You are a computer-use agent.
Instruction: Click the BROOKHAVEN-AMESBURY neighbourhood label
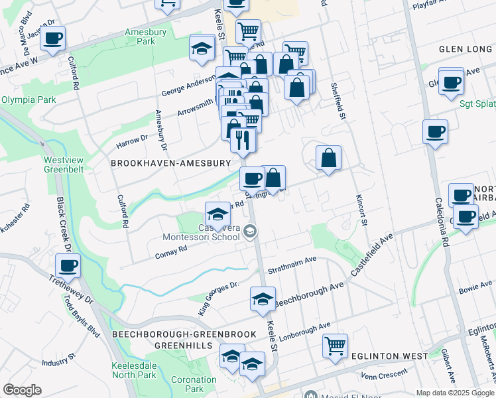point(170,163)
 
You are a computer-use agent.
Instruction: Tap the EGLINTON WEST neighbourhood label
point(391,356)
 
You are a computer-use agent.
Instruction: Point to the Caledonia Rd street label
point(442,219)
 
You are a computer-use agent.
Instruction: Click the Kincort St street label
point(361,210)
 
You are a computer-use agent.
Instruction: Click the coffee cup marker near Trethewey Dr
point(68,267)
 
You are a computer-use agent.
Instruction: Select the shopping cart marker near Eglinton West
point(336,345)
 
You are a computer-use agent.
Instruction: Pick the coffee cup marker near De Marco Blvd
point(53,37)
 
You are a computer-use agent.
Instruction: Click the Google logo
point(22,390)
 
